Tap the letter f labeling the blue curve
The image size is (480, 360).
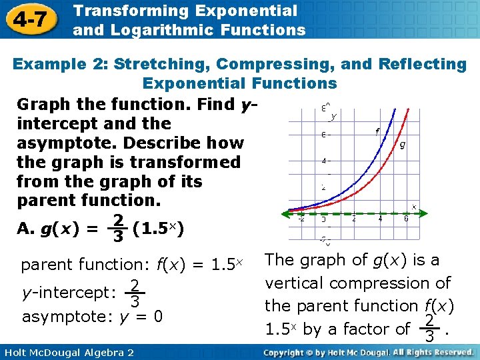(377, 131)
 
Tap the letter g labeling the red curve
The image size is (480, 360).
(402, 144)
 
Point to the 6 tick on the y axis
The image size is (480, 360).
(324, 134)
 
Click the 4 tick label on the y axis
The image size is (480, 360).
(324, 161)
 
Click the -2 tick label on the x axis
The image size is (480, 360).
(301, 219)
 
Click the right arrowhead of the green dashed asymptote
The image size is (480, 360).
(413, 213)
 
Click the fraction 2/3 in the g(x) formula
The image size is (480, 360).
(117, 229)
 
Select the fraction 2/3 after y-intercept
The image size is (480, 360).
(135, 294)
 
